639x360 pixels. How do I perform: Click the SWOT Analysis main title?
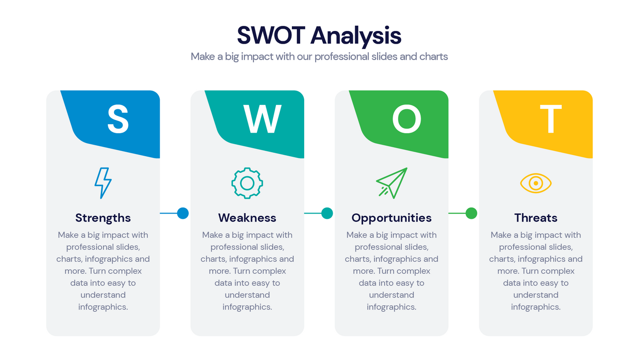pos(319,35)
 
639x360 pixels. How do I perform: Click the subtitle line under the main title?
pos(319,57)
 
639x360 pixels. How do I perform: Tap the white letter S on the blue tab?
pos(118,119)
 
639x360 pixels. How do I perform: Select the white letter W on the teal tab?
pos(262,119)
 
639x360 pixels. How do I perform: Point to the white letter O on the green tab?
pos(406,119)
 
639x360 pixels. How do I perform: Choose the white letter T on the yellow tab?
pos(551,119)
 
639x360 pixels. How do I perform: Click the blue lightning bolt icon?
pos(103,183)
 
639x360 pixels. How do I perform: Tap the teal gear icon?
pos(247,183)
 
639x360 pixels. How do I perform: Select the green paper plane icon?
pos(391,183)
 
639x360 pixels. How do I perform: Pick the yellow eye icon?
pos(536,183)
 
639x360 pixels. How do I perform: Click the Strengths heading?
pos(103,218)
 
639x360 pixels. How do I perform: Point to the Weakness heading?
pos(247,218)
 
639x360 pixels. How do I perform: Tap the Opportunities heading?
pos(391,218)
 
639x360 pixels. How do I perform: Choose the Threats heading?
pos(536,218)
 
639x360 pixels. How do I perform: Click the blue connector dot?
pos(183,213)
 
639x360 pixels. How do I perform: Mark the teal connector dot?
pos(327,213)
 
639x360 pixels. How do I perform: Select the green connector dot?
pos(471,213)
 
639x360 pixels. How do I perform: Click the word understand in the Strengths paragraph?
pos(103,295)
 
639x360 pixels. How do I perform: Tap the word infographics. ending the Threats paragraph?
pos(536,307)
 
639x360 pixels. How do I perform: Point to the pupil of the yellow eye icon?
pos(536,183)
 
